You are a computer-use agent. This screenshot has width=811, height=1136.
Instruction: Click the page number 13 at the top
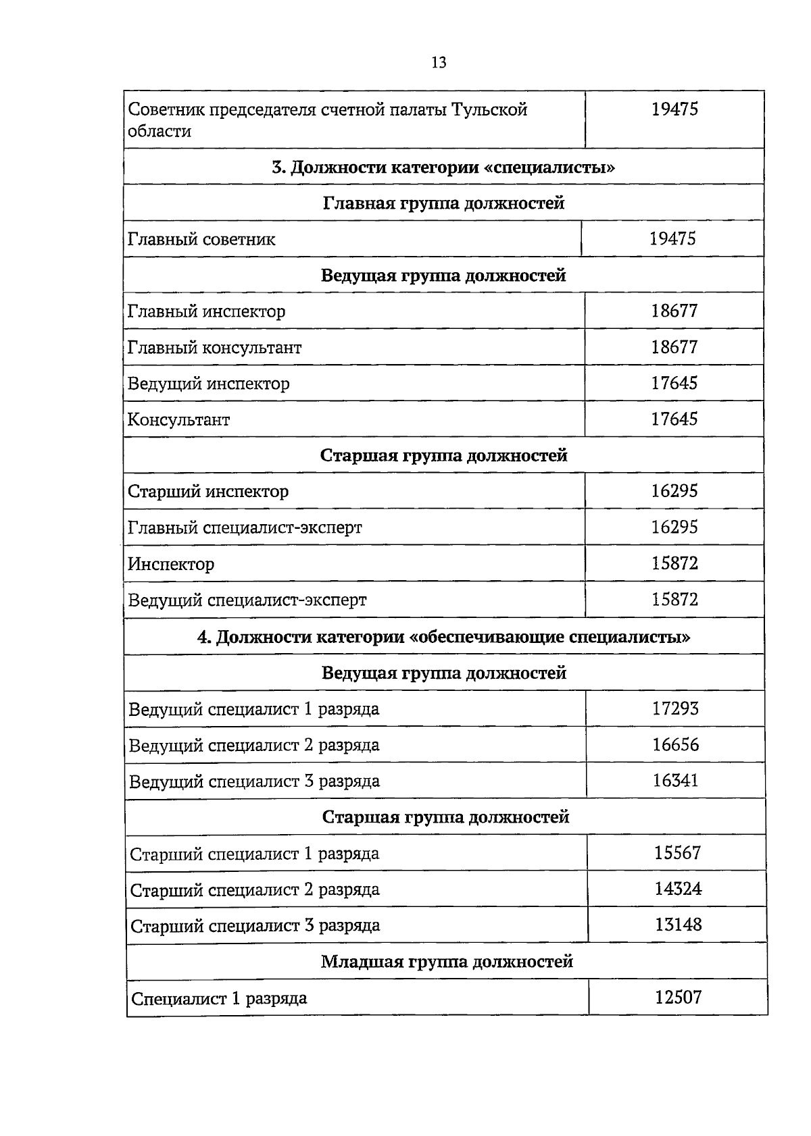click(x=438, y=63)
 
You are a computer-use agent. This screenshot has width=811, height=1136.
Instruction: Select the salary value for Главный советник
click(x=672, y=238)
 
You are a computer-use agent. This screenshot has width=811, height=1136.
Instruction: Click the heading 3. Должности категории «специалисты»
click(x=443, y=167)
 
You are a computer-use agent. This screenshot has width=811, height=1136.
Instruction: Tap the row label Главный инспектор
click(x=206, y=311)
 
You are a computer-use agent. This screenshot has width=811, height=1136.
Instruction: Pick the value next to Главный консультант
click(x=674, y=347)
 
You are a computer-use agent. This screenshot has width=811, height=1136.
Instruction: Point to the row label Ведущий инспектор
click(x=208, y=384)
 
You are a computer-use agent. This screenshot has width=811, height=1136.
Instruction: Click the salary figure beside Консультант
click(x=674, y=419)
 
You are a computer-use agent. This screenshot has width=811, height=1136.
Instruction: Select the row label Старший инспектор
click(x=208, y=492)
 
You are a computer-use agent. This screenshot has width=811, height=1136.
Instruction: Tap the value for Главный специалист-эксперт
click(x=674, y=527)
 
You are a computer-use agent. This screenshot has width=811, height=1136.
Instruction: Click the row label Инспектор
click(x=171, y=564)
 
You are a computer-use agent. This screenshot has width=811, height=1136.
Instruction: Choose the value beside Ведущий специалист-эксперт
click(x=674, y=599)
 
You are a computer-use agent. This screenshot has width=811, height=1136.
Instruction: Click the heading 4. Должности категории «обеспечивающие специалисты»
click(x=443, y=637)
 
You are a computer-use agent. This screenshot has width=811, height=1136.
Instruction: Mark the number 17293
click(x=675, y=708)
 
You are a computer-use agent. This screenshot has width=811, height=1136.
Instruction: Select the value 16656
click(x=675, y=744)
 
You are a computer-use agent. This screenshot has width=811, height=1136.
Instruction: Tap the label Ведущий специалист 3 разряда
click(x=254, y=781)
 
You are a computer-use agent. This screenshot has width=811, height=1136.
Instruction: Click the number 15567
click(x=677, y=853)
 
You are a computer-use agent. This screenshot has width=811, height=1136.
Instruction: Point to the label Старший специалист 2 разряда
click(x=255, y=889)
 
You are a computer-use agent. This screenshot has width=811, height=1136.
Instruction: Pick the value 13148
click(x=678, y=925)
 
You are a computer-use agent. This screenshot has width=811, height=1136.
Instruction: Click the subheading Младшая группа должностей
click(x=447, y=961)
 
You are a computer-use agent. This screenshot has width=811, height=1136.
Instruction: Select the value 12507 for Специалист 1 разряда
click(x=678, y=997)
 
